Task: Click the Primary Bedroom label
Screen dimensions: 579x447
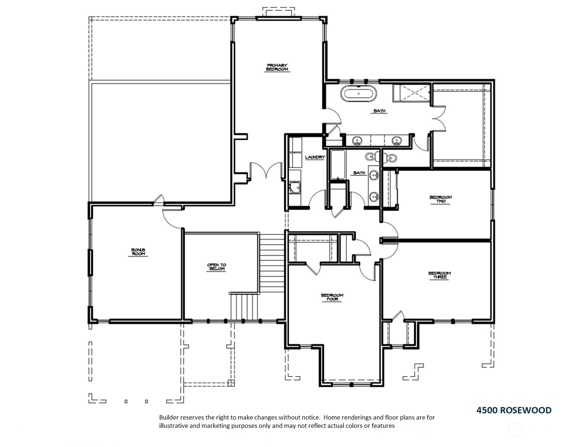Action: (277, 67)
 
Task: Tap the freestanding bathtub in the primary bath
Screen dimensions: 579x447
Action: (359, 93)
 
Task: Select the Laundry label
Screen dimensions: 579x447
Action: (315, 157)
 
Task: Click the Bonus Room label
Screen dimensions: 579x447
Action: (138, 252)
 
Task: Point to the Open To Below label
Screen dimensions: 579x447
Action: (216, 267)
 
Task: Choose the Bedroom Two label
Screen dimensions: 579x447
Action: (440, 199)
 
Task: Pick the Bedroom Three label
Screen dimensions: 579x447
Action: (440, 275)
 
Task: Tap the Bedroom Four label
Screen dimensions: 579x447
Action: (332, 297)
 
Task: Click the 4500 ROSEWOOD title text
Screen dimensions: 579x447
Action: (514, 410)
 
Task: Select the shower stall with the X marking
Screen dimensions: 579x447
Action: (411, 93)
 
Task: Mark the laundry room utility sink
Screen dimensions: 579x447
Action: (295, 188)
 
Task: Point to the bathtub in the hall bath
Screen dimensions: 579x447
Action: (338, 165)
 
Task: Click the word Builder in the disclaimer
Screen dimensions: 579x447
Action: (169, 417)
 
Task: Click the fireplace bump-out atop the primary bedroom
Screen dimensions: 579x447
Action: (278, 12)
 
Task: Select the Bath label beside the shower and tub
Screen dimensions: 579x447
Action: (379, 111)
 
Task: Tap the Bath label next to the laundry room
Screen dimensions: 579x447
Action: (359, 173)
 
